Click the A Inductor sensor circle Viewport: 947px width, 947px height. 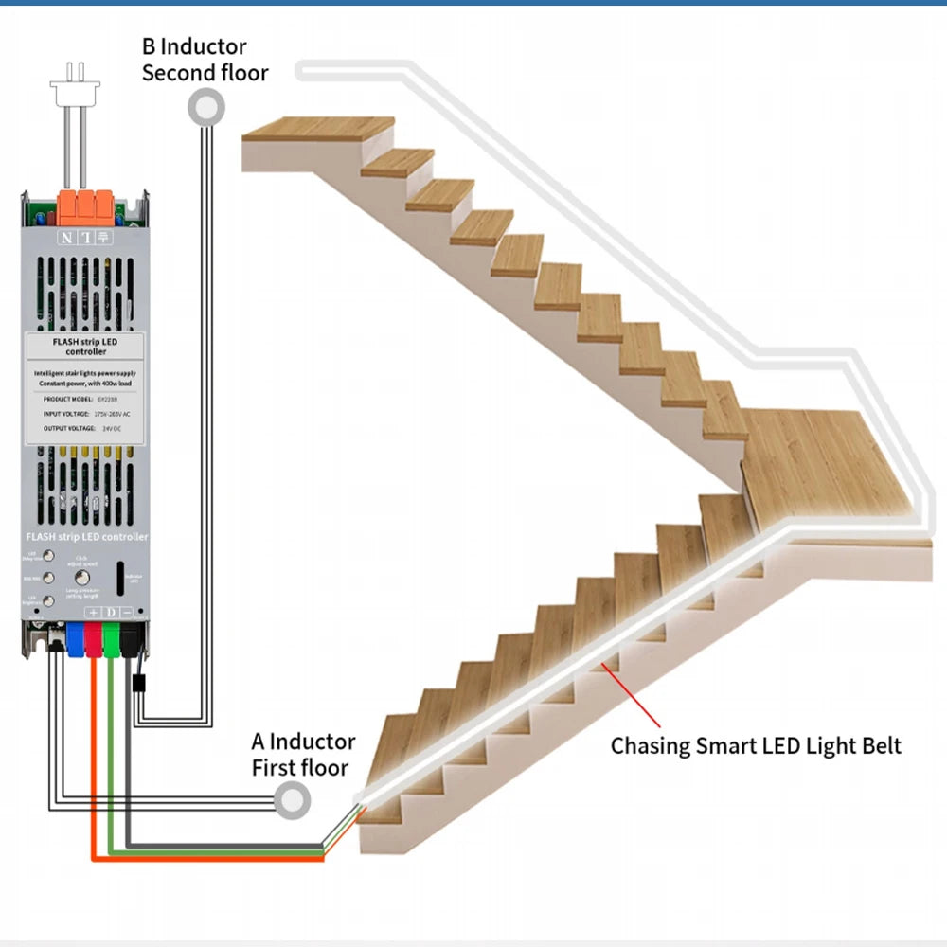click(x=293, y=801)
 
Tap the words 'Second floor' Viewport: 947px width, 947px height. click(x=205, y=73)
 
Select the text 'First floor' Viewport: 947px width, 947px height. click(x=300, y=767)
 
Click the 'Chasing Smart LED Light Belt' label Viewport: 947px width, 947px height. click(x=756, y=745)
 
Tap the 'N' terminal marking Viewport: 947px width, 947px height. click(x=66, y=238)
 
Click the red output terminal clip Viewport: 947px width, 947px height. click(x=94, y=638)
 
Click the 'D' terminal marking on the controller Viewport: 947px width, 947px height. click(x=110, y=613)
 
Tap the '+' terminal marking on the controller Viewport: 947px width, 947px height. click(x=94, y=613)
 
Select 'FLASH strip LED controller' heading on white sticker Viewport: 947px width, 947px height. click(x=85, y=346)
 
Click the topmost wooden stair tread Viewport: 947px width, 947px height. click(x=318, y=130)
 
